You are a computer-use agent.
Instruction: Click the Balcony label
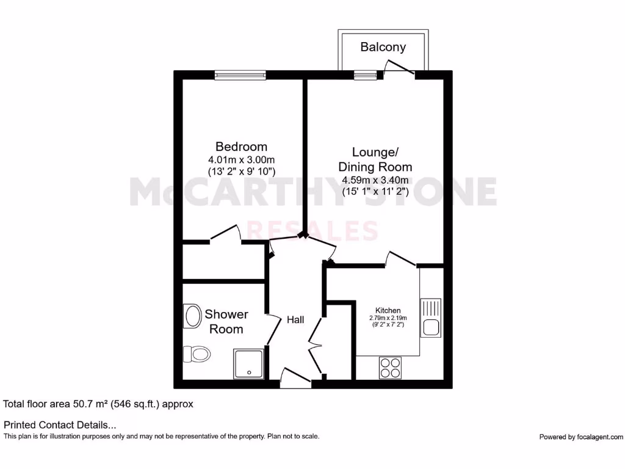click(383, 47)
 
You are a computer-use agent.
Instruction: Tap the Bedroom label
click(241, 147)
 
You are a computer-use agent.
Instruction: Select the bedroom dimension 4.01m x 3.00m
click(241, 160)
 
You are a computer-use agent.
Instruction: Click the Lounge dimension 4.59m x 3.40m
click(375, 180)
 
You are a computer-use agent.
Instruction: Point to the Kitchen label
click(388, 310)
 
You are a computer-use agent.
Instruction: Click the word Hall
click(295, 320)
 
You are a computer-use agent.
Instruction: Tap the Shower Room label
click(226, 322)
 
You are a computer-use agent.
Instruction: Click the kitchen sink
click(431, 317)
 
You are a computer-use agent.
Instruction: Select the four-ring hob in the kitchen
click(390, 367)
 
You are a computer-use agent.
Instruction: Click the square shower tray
click(248, 364)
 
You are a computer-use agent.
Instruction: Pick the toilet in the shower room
click(197, 353)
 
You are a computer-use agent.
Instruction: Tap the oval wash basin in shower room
click(193, 316)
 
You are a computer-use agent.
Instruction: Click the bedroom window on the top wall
click(240, 75)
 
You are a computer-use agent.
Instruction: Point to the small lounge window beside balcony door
click(365, 75)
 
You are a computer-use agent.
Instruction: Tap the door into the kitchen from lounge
click(400, 260)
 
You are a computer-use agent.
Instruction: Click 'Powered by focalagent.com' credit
click(581, 437)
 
